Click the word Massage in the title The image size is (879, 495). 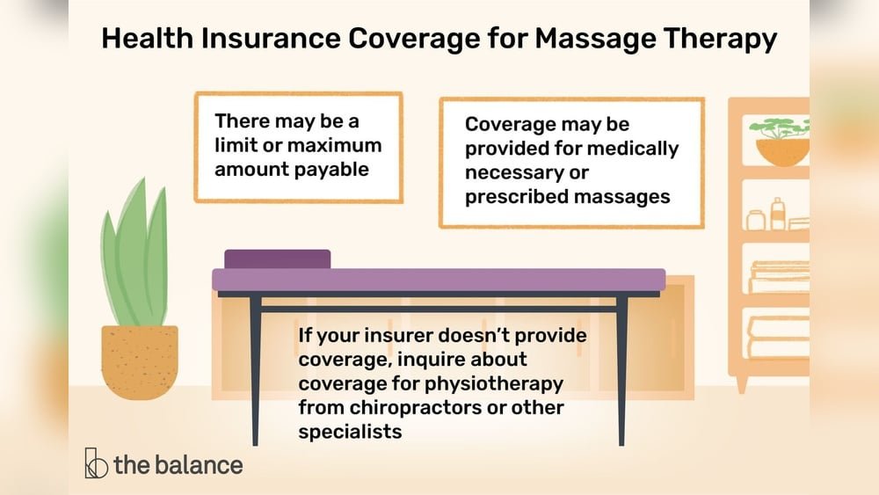pos(597,40)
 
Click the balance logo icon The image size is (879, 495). pos(96,463)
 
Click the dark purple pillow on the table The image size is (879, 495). pos(278,258)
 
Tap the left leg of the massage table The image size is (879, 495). pos(255,369)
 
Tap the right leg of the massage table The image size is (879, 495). pos(621,369)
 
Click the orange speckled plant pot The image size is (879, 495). pos(140,361)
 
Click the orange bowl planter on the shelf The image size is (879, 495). pos(781,151)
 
